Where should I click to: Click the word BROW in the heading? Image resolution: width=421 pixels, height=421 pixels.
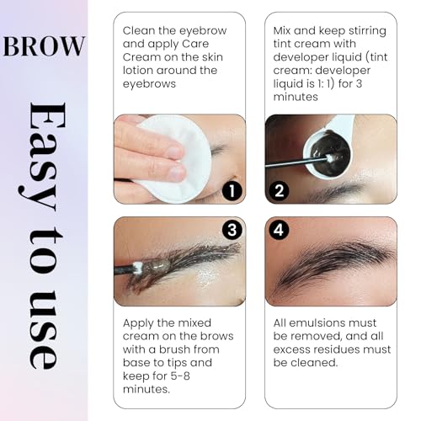[x=45, y=45]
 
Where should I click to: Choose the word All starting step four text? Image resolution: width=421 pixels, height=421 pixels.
[x=284, y=322]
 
